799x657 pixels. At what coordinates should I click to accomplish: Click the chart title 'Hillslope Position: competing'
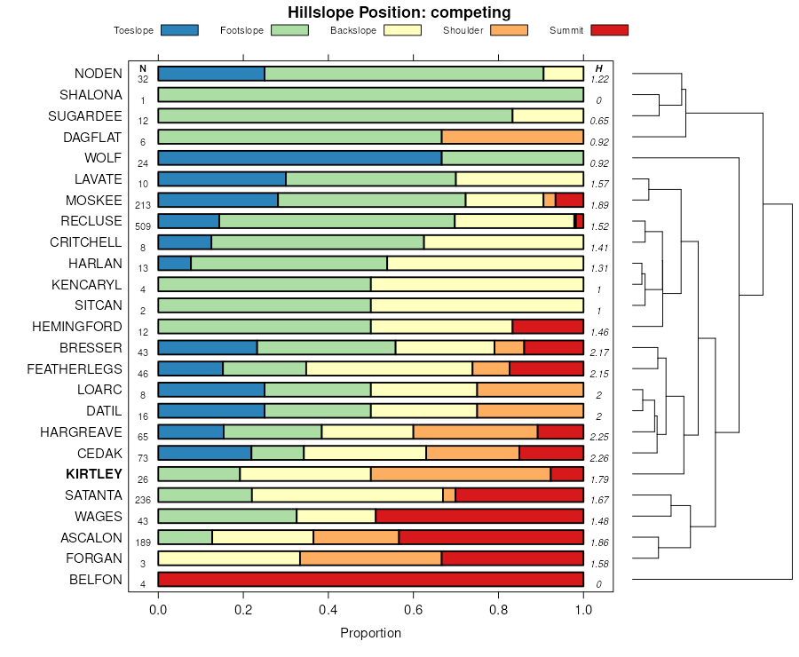[399, 12]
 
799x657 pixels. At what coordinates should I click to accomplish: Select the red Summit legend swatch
[609, 30]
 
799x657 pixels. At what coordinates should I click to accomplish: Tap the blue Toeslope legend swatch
[179, 30]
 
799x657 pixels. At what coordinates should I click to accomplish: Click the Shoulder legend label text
[463, 31]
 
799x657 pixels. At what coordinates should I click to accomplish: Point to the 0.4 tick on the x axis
[328, 610]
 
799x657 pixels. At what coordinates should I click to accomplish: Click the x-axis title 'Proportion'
[371, 633]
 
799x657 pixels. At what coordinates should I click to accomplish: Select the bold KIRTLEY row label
[94, 474]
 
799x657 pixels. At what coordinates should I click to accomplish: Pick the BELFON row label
[96, 580]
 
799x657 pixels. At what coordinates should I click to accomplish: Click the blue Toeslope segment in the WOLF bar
[299, 158]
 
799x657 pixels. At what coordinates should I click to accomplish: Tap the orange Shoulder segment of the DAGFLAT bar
[512, 137]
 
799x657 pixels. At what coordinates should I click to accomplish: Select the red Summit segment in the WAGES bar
[479, 516]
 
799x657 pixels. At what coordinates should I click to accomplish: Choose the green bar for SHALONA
[370, 95]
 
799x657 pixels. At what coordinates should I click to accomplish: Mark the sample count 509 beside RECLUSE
[143, 226]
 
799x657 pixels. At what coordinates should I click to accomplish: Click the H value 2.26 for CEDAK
[599, 458]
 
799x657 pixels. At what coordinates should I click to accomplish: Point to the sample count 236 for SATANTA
[143, 500]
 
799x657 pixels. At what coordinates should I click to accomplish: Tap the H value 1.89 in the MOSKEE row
[599, 205]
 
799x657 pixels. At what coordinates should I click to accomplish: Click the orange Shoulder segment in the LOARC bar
[530, 390]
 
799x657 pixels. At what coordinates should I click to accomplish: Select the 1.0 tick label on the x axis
[583, 610]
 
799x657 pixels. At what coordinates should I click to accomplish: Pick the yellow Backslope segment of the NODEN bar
[563, 74]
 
